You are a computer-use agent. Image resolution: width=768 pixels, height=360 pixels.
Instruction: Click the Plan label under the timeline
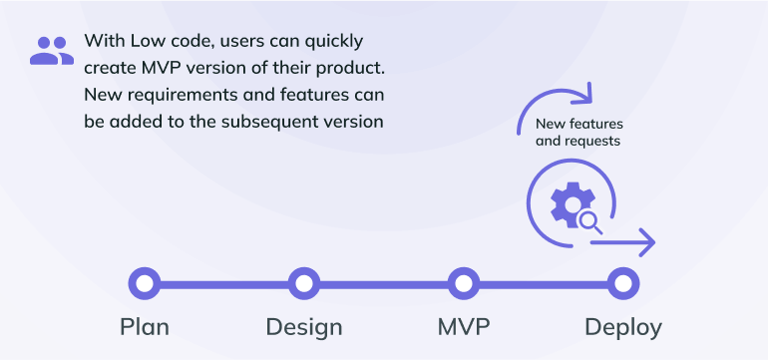click(x=145, y=326)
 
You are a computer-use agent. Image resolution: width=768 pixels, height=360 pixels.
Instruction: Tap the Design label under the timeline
click(x=304, y=326)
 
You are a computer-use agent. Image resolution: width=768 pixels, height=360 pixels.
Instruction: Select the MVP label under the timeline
click(x=464, y=326)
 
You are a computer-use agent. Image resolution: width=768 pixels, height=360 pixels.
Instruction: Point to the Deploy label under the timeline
click(x=622, y=326)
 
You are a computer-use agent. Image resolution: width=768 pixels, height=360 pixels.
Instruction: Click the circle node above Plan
click(x=145, y=284)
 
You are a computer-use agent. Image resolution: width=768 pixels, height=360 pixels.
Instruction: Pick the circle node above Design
click(x=303, y=284)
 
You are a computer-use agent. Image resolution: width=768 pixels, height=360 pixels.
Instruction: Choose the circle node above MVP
click(x=463, y=284)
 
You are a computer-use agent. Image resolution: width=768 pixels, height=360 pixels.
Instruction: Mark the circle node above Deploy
click(x=622, y=284)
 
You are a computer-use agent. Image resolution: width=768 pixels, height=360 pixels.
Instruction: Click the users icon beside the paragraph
click(x=51, y=50)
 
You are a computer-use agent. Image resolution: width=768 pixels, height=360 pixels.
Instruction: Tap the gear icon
click(x=567, y=203)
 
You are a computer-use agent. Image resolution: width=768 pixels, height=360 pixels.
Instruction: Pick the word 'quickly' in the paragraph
click(x=330, y=42)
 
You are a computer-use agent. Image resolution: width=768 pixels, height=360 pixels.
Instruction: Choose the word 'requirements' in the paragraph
click(x=177, y=95)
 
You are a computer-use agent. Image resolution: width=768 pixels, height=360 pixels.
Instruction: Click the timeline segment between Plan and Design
click(x=224, y=284)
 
